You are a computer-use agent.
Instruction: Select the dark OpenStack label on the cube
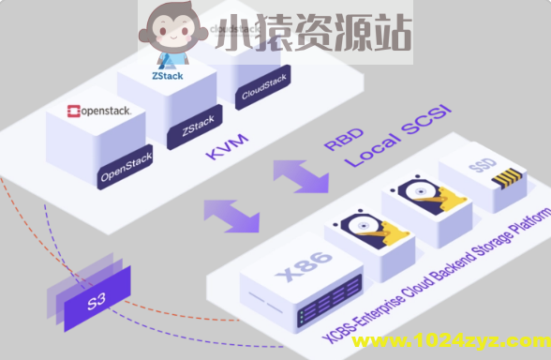(x=126, y=172)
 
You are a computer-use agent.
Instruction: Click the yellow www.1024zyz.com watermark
(x=449, y=340)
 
